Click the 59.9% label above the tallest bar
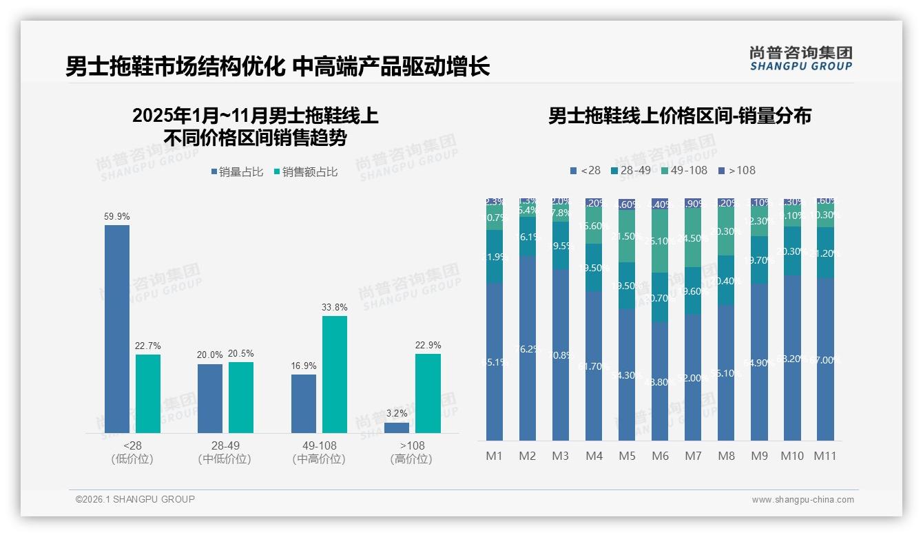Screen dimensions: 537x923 (116, 216)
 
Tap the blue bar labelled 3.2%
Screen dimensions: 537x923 (397, 428)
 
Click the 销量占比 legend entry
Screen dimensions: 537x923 (236, 172)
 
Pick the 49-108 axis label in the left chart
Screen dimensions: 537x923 (318, 446)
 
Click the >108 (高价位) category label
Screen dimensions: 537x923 (411, 452)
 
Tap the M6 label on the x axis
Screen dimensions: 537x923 (660, 456)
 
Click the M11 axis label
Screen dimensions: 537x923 (825, 456)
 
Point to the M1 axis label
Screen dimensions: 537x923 (495, 456)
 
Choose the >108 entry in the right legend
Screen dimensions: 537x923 (736, 170)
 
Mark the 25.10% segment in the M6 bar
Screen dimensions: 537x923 (660, 241)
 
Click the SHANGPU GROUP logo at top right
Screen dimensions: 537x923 (800, 59)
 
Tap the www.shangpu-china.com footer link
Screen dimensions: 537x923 (802, 500)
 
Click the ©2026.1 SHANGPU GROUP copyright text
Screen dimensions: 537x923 (135, 499)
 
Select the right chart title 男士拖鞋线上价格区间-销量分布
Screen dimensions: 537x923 (679, 116)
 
